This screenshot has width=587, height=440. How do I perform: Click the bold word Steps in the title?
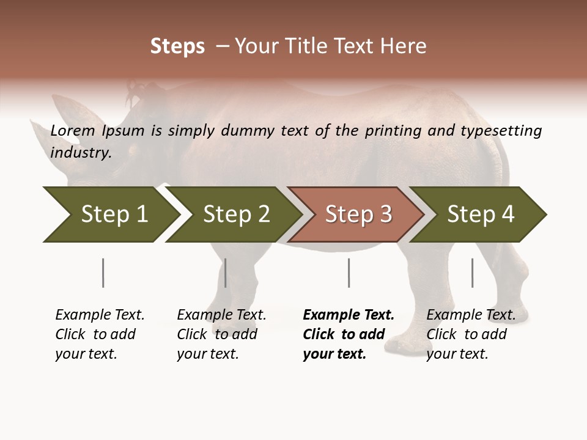177,46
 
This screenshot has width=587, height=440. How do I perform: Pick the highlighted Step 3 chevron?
358,215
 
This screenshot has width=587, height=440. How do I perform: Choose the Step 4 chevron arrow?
481,215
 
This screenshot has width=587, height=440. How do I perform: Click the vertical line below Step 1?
103,273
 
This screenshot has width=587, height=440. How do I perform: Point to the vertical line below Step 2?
225,273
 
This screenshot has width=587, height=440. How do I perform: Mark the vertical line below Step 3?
349,273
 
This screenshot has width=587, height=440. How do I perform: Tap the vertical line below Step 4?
472,273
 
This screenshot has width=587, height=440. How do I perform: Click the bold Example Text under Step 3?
349,315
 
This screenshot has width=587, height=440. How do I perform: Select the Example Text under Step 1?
100,315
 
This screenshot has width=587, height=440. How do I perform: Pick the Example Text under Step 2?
221,315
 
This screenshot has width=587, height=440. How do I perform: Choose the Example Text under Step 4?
471,315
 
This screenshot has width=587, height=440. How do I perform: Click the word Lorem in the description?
73,131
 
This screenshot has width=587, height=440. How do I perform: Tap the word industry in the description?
81,153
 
